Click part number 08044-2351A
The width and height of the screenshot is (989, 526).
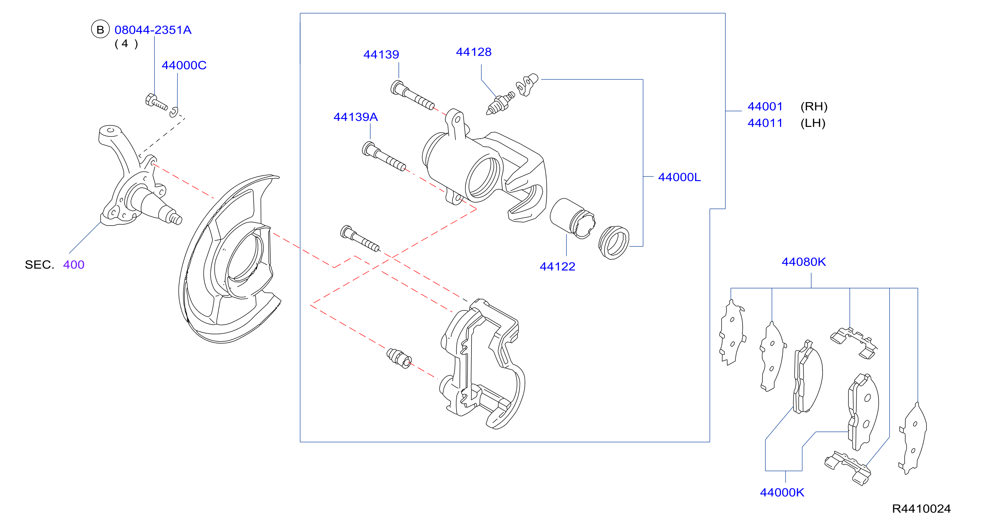[153, 30]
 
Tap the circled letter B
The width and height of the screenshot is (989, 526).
[100, 29]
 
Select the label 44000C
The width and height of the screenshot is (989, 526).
[184, 65]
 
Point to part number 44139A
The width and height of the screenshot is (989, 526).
[355, 117]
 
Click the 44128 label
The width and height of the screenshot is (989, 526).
[473, 52]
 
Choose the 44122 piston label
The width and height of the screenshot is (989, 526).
[557, 266]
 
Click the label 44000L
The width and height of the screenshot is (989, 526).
[679, 177]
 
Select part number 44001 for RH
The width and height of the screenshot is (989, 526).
[765, 106]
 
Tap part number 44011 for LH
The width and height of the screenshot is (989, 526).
[765, 123]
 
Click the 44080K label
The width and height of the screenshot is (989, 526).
[803, 262]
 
